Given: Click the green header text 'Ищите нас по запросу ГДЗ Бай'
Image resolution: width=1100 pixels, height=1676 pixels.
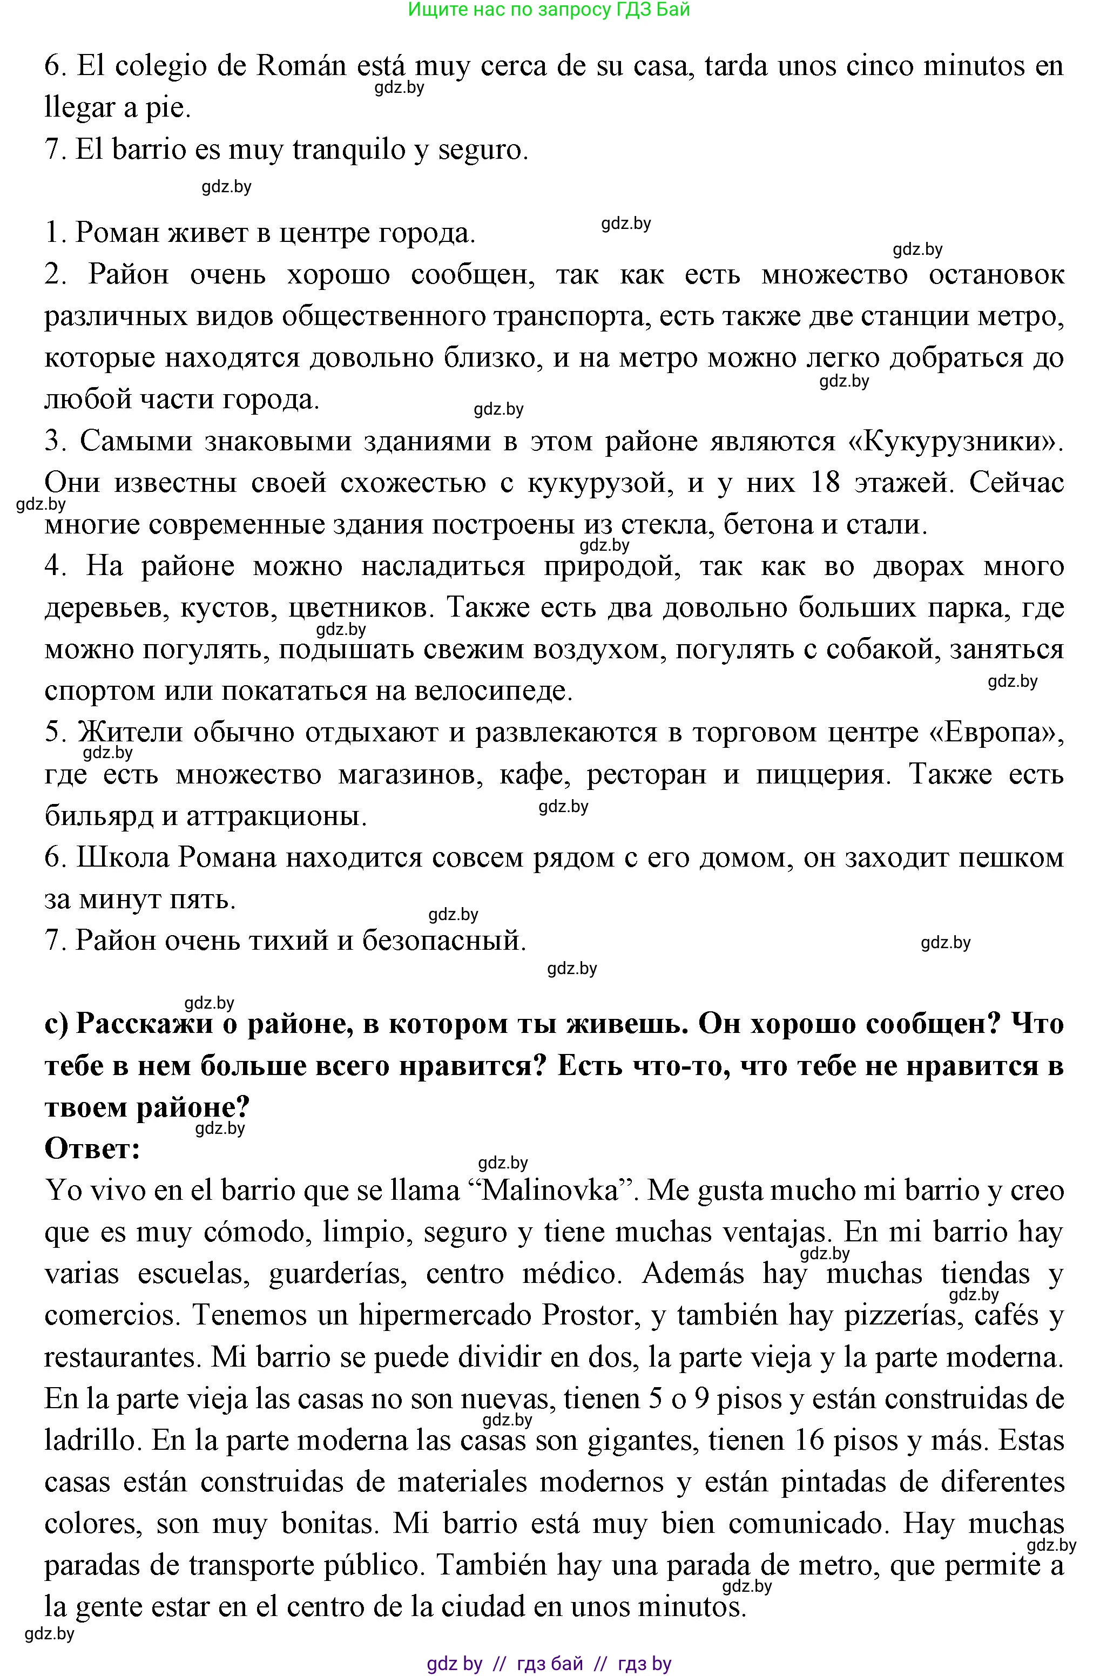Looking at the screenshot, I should (549, 10).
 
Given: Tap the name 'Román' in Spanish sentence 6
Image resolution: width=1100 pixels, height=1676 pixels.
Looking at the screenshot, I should (301, 66).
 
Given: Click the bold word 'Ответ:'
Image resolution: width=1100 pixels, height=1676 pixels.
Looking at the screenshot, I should (92, 1148).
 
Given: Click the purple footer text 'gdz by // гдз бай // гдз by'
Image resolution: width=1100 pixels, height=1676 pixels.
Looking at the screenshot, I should (549, 1664).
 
